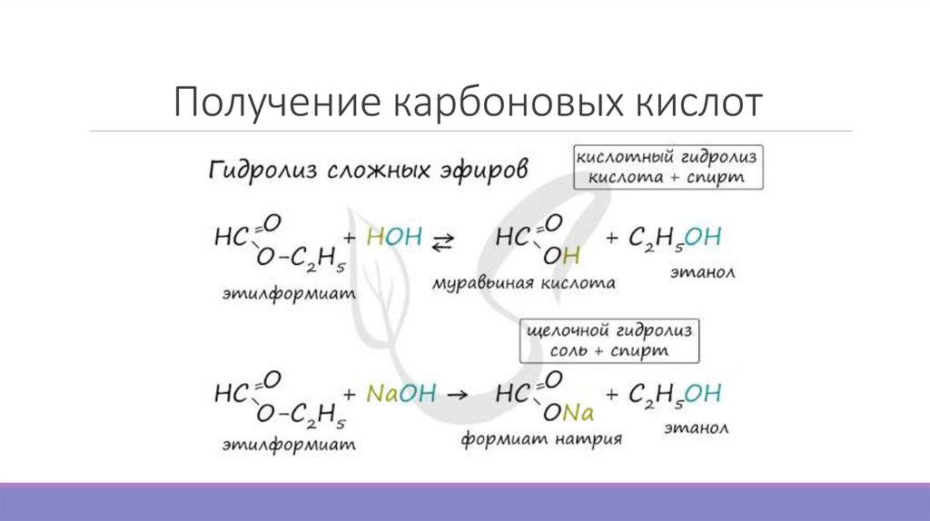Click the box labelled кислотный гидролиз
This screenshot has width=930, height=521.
click(x=667, y=166)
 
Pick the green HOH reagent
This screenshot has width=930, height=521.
click(x=394, y=238)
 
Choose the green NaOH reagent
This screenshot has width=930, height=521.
click(x=401, y=394)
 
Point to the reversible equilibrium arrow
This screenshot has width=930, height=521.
click(x=442, y=240)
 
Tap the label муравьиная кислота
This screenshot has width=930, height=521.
click(x=523, y=283)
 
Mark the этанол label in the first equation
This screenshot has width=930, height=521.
click(x=702, y=270)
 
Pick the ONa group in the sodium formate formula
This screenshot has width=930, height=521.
click(x=568, y=414)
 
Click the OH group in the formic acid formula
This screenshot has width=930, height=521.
click(x=561, y=258)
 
